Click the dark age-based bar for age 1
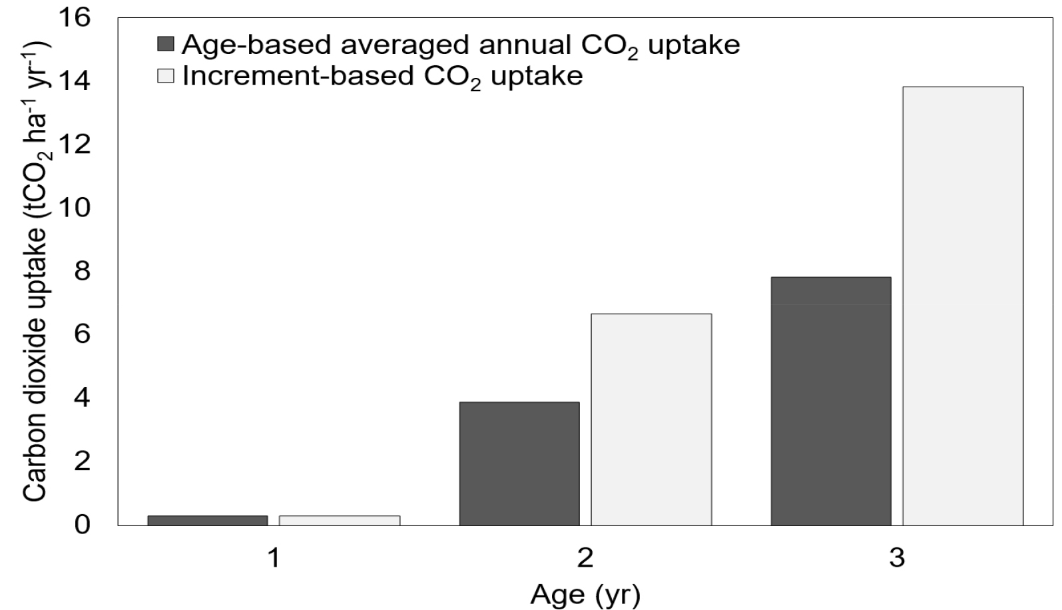coord(208,520)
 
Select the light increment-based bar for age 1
coord(340,520)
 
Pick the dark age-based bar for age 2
coord(519,464)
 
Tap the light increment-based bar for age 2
coord(651,420)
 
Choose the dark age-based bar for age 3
coord(831,402)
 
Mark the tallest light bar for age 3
coord(963,306)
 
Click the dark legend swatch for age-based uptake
coord(166,44)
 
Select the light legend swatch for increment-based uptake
coord(166,76)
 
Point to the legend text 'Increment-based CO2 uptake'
coord(383,77)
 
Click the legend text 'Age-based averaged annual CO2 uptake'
coord(461,46)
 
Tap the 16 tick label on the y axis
coord(74,18)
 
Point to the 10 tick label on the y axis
coord(74,208)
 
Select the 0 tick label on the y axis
coord(82,525)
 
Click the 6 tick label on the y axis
coord(82,334)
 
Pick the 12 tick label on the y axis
coord(74,145)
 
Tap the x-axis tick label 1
coord(274,558)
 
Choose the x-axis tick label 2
coord(585,558)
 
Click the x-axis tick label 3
coord(897,558)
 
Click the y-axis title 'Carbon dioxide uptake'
coord(35,364)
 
